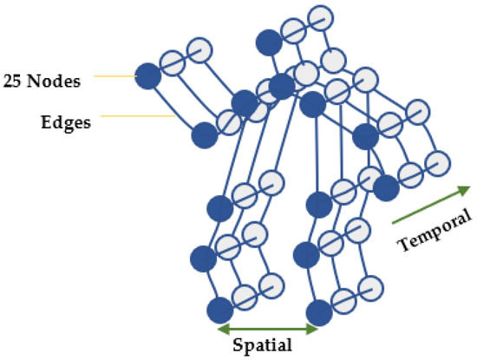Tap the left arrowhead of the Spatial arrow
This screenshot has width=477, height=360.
[222, 329]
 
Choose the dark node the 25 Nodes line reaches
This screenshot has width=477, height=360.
[147, 76]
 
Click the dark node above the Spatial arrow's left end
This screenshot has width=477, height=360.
[220, 309]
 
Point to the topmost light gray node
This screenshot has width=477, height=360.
[320, 16]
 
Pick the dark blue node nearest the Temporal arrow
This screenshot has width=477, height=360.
[385, 187]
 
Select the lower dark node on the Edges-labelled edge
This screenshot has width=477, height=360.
[204, 134]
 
